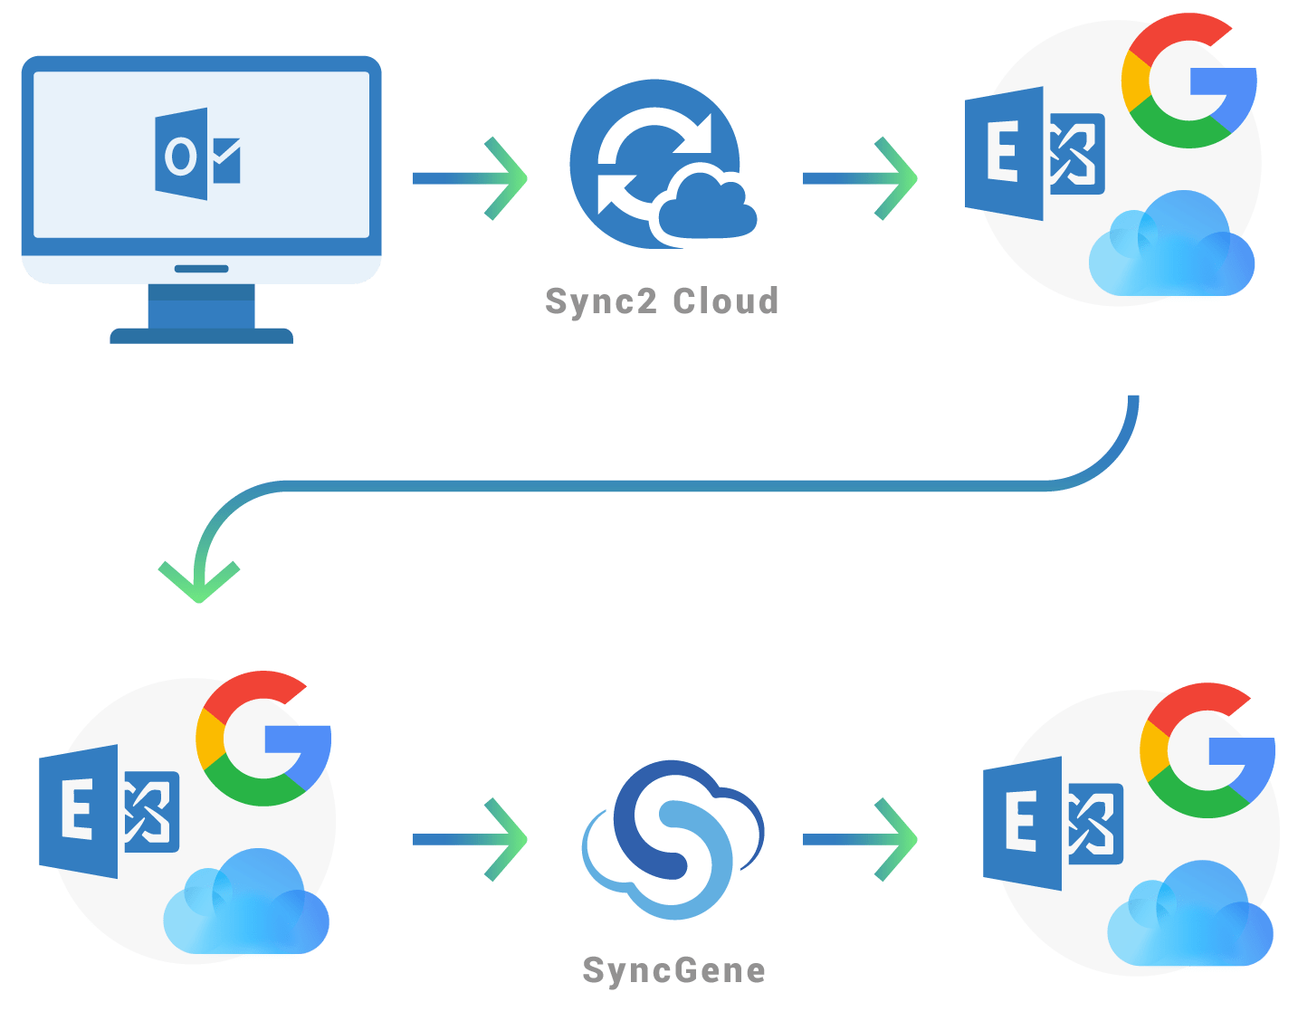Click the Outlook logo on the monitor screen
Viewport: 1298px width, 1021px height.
[197, 155]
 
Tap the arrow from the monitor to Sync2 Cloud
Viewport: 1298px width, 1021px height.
[470, 178]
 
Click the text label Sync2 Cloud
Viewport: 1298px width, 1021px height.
[662, 301]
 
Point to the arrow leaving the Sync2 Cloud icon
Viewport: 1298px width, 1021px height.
[860, 178]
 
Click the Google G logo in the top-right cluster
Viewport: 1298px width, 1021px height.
[1188, 81]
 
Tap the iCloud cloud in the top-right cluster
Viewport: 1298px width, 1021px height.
[1171, 246]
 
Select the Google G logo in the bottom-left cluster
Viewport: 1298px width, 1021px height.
[263, 739]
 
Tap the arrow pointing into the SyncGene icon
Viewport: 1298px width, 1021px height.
[470, 840]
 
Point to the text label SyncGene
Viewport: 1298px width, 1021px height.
[674, 970]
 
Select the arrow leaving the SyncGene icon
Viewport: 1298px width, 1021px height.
[860, 840]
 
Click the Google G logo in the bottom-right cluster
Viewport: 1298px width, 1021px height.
[1208, 751]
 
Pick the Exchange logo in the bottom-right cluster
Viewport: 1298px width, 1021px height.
[1053, 824]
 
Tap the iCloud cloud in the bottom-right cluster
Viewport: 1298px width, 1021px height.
[1190, 916]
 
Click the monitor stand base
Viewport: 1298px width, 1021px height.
[201, 335]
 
